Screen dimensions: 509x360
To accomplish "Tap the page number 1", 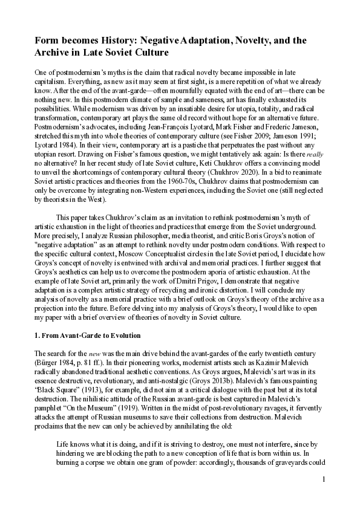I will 324,479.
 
